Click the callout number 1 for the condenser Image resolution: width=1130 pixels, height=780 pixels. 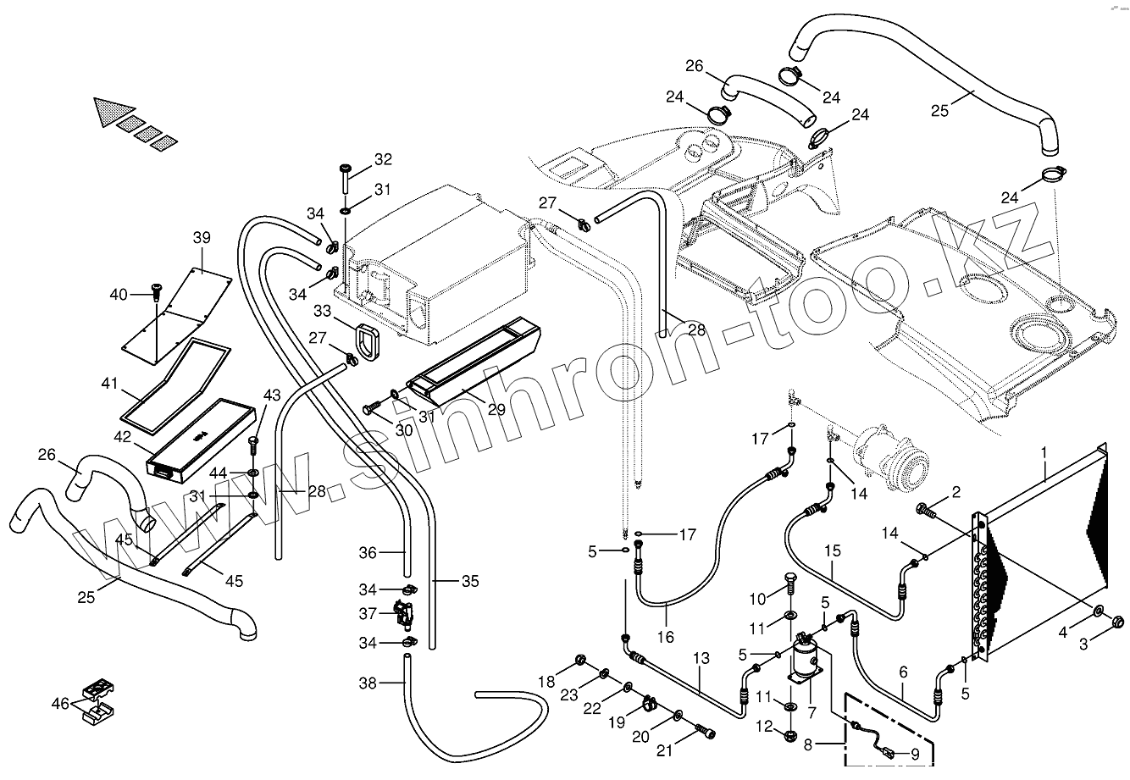coord(1045,454)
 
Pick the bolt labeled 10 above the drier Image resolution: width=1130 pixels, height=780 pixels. coord(789,584)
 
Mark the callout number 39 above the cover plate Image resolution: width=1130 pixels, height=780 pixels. coord(202,238)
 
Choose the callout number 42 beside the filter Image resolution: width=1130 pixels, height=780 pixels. coord(124,438)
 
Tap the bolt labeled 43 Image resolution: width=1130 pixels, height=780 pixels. coord(253,443)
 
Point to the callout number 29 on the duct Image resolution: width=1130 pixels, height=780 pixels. coord(496,409)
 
